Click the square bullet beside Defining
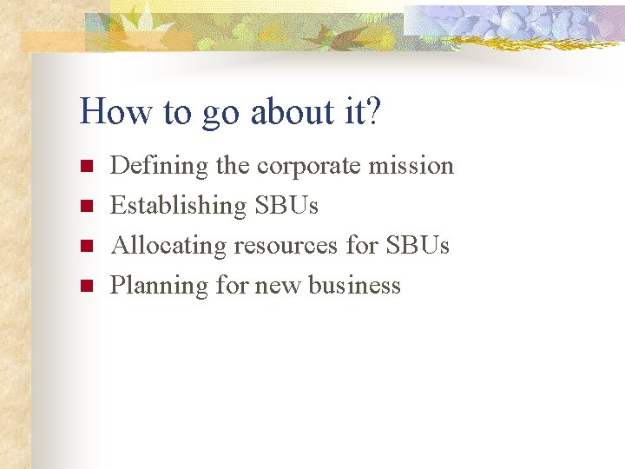[x=85, y=166]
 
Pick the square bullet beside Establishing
[x=85, y=206]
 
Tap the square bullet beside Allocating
[x=85, y=246]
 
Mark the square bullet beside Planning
[x=85, y=286]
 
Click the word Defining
[x=160, y=166]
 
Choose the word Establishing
[x=178, y=206]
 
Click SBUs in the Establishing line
[x=286, y=206]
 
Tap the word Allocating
[x=168, y=246]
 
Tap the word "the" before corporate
[x=233, y=165]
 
